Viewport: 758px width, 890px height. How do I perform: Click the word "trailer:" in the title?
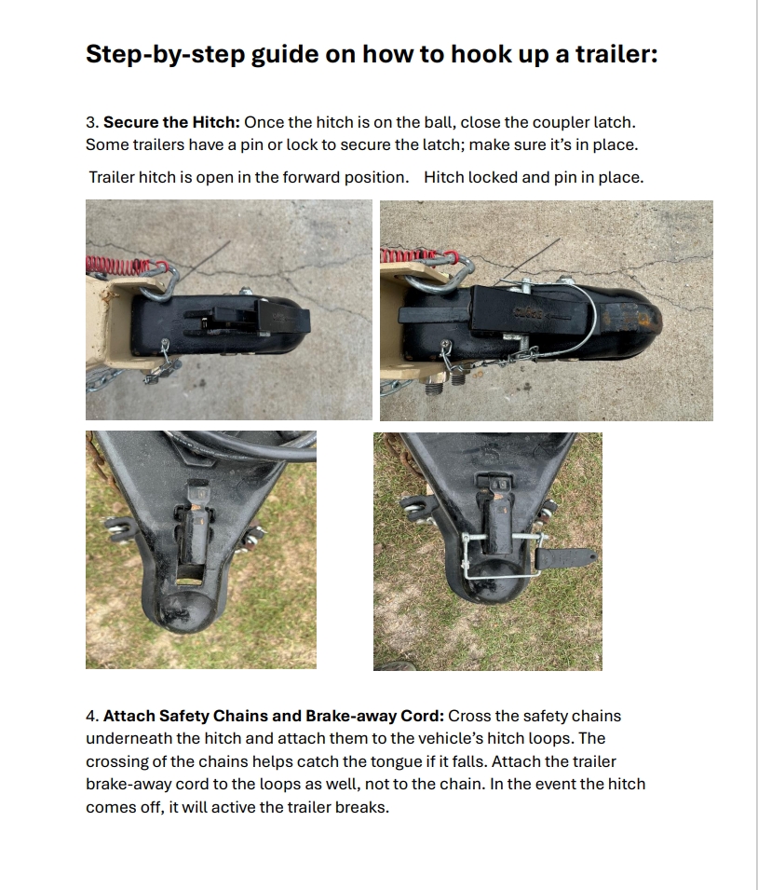click(616, 54)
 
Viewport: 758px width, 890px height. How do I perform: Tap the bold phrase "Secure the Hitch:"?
click(171, 122)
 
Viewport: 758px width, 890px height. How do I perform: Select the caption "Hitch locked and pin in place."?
click(534, 177)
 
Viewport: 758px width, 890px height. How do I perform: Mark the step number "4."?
click(92, 716)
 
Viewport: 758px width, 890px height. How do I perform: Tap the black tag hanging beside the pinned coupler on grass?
click(565, 558)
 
